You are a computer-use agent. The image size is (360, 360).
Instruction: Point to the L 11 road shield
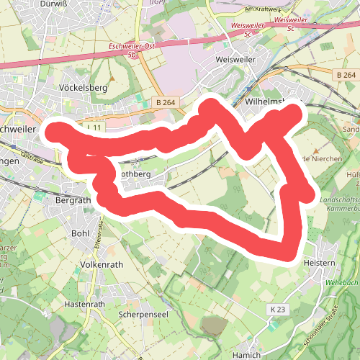(x=93, y=127)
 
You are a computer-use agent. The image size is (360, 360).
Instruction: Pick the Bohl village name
(x=80, y=233)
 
